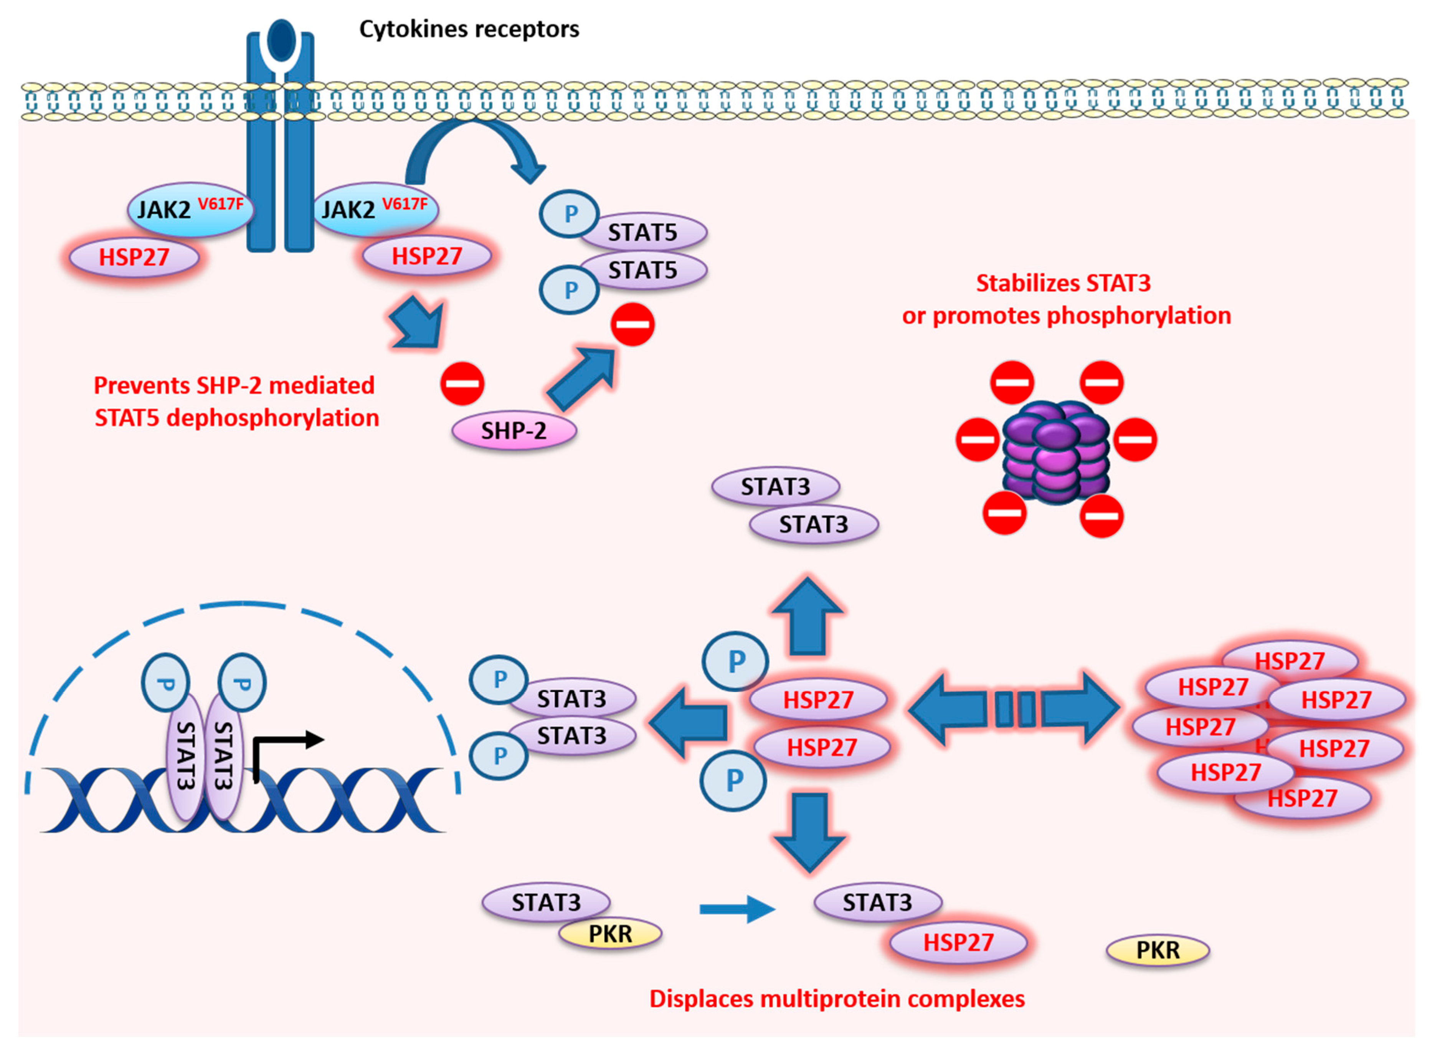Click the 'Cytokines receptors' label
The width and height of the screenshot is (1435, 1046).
tap(469, 29)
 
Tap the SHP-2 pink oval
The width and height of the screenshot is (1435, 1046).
tap(514, 431)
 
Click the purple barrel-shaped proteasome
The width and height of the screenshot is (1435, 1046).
tap(1056, 451)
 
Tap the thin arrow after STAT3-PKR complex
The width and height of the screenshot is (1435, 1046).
tap(737, 909)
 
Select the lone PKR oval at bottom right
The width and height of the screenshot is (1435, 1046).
tap(1158, 950)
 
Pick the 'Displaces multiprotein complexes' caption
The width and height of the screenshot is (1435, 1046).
tap(837, 998)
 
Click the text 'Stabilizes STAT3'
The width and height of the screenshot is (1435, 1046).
tap(1063, 283)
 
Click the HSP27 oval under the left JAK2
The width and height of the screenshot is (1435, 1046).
tap(134, 257)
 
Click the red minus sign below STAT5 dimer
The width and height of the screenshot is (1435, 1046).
tap(632, 325)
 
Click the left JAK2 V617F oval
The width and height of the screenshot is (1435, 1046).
tap(190, 209)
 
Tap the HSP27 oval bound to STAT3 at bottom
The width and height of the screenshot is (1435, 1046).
tap(958, 942)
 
